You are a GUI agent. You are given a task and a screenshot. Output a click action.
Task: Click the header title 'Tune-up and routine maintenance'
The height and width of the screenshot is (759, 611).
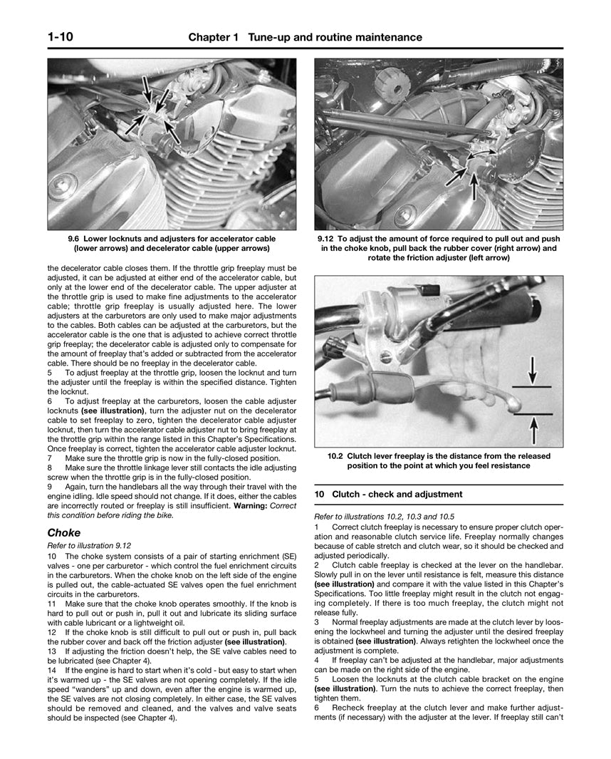pyautogui.click(x=335, y=37)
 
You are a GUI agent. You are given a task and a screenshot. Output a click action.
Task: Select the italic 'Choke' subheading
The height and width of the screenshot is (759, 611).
pyautogui.click(x=63, y=532)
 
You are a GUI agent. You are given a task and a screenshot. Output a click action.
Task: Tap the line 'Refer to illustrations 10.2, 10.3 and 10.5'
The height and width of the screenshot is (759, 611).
pyautogui.click(x=385, y=517)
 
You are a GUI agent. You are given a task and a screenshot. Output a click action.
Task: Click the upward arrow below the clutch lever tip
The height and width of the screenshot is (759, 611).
pyautogui.click(x=533, y=428)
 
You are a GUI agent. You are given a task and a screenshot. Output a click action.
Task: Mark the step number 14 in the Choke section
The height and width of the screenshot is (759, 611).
pyautogui.click(x=52, y=671)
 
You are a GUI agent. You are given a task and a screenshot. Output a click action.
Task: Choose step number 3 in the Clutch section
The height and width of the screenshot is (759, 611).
pyautogui.click(x=316, y=621)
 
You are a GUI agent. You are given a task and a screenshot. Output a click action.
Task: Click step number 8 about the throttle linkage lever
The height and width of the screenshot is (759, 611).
pyautogui.click(x=50, y=468)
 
